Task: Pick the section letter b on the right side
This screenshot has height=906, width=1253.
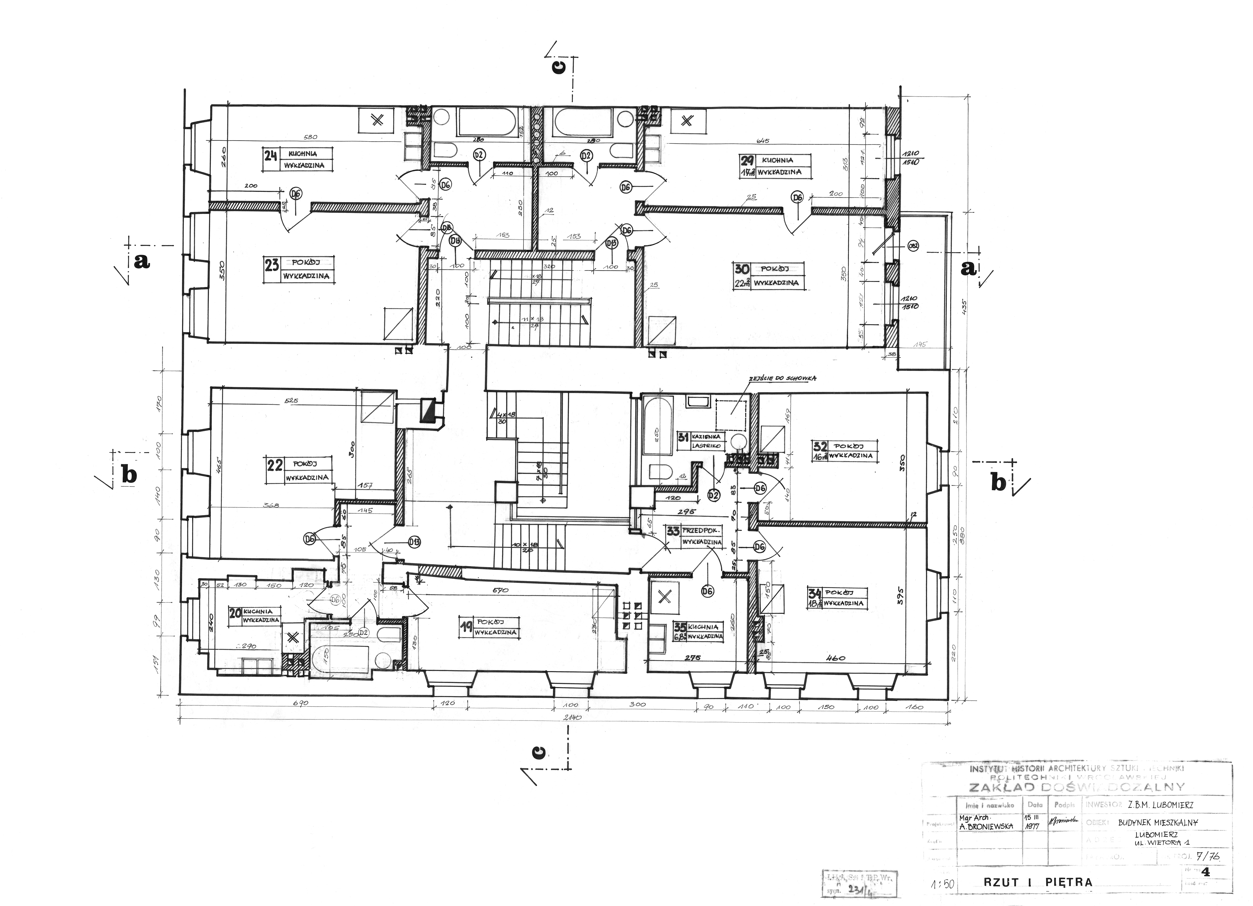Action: click(x=998, y=483)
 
